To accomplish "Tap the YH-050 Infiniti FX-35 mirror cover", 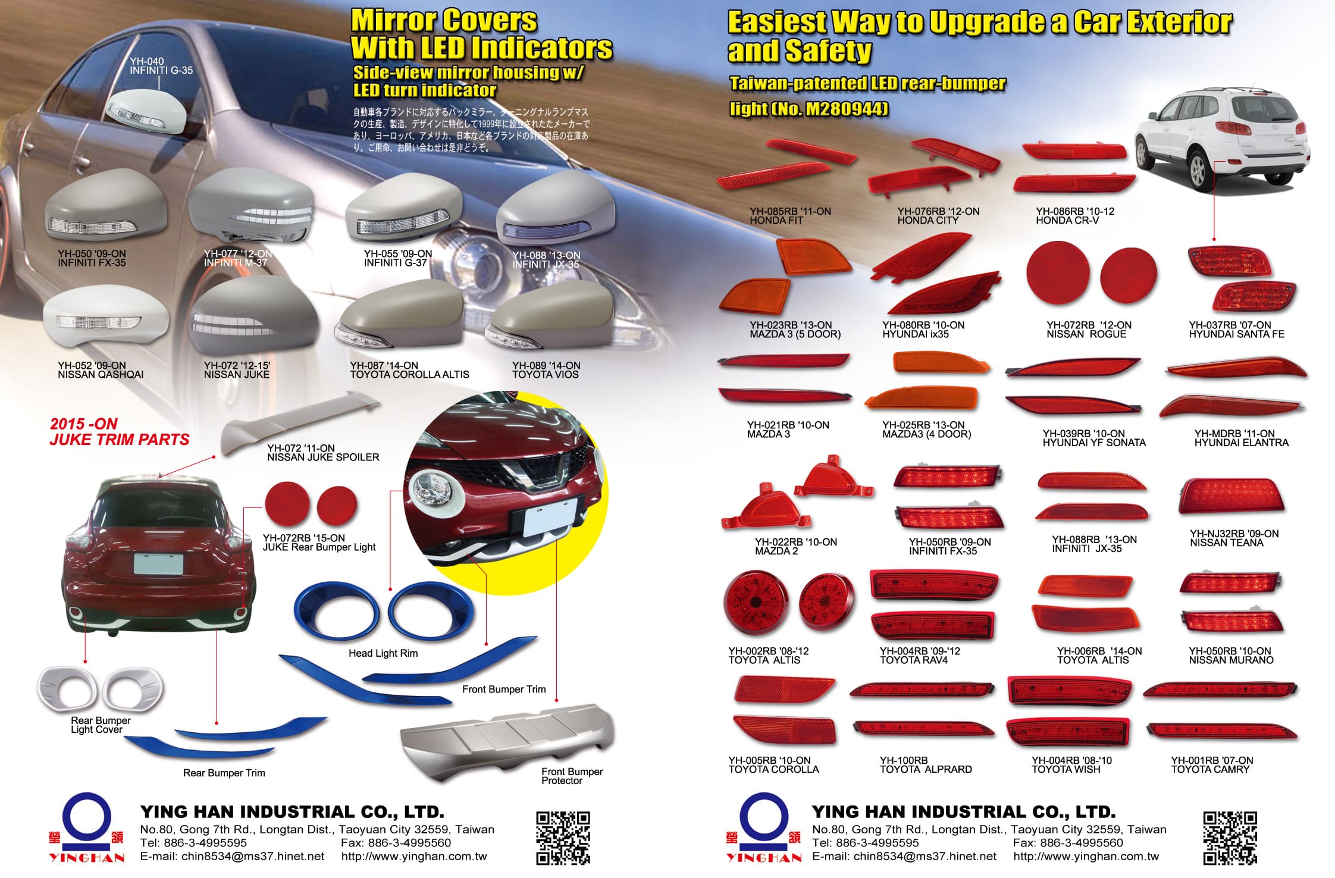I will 103,208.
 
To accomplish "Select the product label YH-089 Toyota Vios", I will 546,370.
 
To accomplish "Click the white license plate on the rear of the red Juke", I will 158,563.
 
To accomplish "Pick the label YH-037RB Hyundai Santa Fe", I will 1236,330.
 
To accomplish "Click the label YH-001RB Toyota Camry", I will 1211,764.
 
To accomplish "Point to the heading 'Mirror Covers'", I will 444,21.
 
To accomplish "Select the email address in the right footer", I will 904,857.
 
